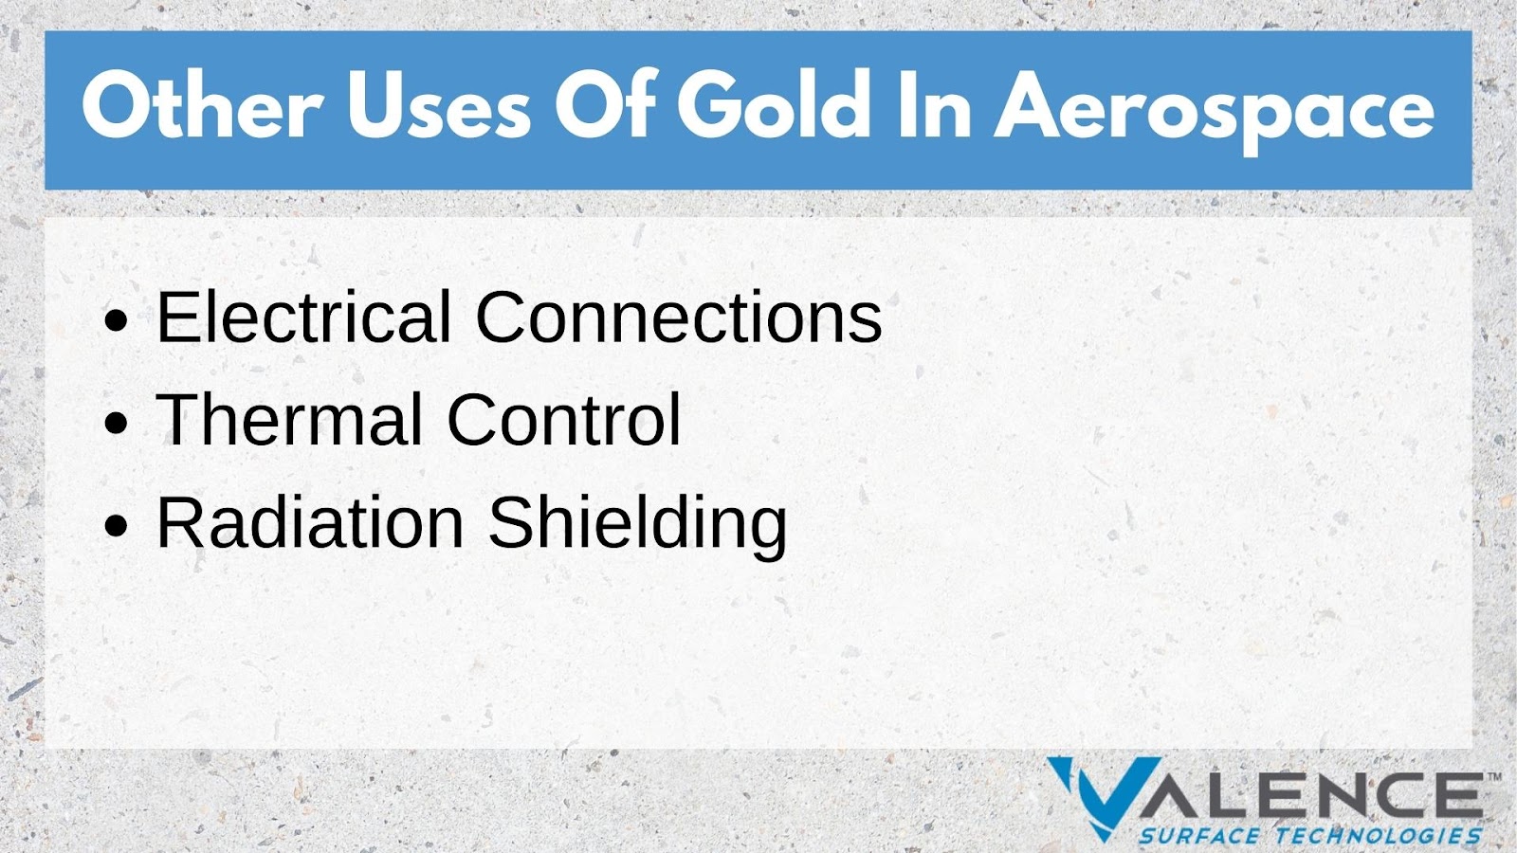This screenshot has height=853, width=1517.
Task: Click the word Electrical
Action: point(304,317)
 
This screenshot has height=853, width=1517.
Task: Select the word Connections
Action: point(679,317)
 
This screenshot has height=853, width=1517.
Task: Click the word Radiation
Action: point(310,522)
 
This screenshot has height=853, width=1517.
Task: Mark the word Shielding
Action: point(637,527)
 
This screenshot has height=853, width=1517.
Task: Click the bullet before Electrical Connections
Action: point(117,320)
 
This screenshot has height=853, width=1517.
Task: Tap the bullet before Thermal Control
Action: point(117,423)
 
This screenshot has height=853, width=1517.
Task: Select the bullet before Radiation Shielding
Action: point(117,526)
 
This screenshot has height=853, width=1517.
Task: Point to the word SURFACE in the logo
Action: point(1199,835)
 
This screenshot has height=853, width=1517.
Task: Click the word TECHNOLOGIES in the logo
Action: point(1379,835)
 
